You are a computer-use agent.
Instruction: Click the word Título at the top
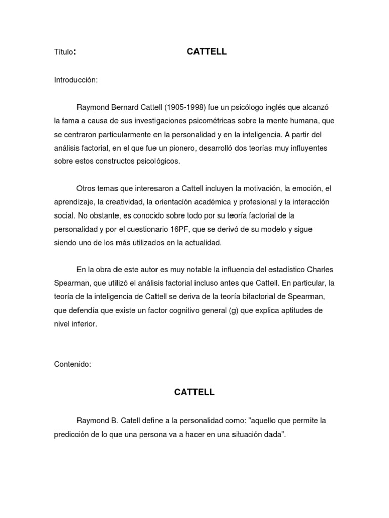tap(64, 52)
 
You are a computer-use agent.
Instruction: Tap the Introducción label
tap(75, 80)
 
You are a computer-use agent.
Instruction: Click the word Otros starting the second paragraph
tap(86, 188)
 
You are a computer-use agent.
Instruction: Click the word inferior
tap(83, 324)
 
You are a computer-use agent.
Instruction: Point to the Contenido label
tap(72, 364)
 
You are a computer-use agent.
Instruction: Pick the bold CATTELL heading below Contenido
tap(194, 392)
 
